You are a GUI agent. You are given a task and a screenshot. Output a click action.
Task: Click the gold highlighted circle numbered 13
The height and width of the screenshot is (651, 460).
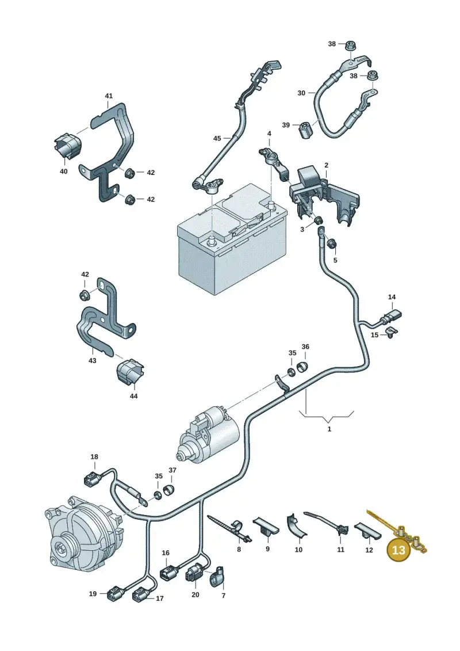(398, 550)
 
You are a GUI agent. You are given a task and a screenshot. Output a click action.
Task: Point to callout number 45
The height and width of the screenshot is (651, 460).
(217, 138)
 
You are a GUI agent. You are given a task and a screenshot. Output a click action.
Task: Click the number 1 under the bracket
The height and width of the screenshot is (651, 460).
(329, 429)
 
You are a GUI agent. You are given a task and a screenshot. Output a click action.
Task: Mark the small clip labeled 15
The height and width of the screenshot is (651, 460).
(391, 332)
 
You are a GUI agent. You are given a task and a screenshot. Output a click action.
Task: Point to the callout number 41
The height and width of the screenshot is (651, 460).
(109, 96)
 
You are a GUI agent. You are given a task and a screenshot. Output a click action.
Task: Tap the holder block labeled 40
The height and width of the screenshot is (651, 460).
(68, 146)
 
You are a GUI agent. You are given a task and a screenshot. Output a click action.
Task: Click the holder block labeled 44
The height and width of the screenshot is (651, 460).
(131, 372)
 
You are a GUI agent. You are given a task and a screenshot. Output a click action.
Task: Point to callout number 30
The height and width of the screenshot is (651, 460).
(301, 93)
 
